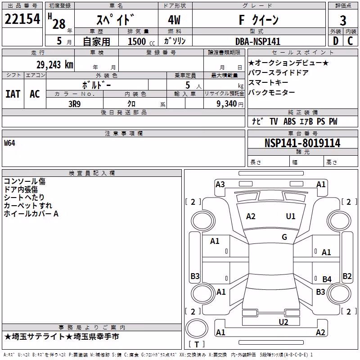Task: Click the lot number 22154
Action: (22, 19)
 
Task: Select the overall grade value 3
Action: (343, 21)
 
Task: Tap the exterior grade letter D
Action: (336, 41)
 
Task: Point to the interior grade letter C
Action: (350, 41)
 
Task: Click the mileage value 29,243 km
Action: (55, 65)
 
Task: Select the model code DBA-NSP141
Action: (258, 41)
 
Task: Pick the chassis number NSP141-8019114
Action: (302, 143)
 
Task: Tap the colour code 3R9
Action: (75, 104)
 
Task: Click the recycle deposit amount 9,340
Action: (227, 104)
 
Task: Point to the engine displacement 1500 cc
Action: (141, 41)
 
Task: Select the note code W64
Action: (9, 143)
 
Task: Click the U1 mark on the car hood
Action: (291, 216)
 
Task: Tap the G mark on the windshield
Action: (284, 237)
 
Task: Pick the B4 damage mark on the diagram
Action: (327, 279)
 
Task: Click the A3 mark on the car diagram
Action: (220, 184)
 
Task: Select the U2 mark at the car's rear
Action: (283, 322)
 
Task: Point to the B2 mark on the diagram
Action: (347, 276)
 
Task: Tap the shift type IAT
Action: (13, 94)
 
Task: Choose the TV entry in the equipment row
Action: (274, 121)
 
